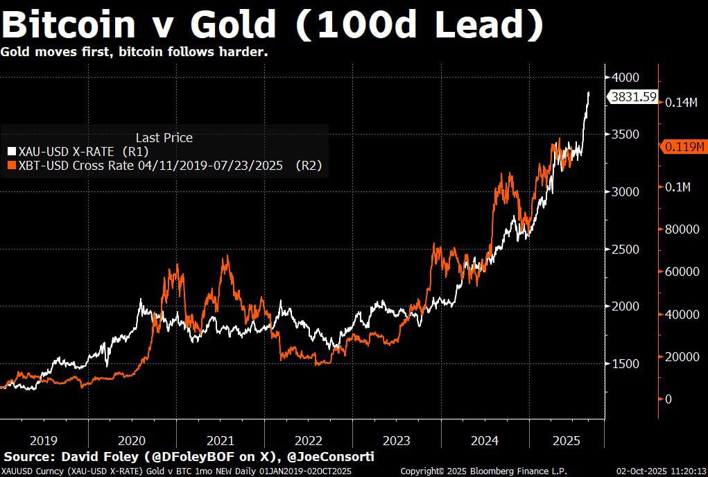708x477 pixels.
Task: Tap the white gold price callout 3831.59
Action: tap(632, 97)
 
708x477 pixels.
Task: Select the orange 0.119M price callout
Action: tap(684, 146)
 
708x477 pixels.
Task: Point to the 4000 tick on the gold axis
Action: tap(625, 77)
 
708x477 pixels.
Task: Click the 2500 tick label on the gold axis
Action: tap(625, 249)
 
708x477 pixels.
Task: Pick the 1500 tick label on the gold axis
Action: tap(625, 363)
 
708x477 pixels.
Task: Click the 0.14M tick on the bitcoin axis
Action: tap(682, 103)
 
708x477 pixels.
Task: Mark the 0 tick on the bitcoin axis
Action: tap(668, 399)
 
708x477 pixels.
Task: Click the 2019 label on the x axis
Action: tap(44, 440)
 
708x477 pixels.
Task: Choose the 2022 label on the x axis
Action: tap(309, 440)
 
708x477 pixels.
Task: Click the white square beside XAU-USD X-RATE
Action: tap(11, 151)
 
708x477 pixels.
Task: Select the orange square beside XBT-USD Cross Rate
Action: tap(11, 165)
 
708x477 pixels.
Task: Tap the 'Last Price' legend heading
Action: tap(164, 138)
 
